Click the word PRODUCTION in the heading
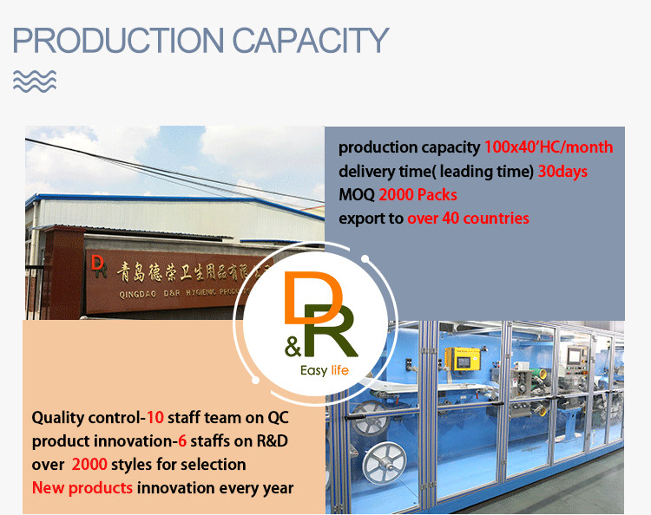coord(118,40)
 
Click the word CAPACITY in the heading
coord(311,40)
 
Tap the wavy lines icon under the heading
coord(35,81)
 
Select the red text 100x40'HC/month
coord(549,147)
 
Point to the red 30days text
coord(562,172)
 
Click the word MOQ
coord(357,195)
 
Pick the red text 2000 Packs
coord(418,195)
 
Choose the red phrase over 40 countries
coord(468,218)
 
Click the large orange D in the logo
coord(312,297)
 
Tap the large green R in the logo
coord(331,330)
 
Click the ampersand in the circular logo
coord(293,347)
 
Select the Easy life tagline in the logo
coord(325,370)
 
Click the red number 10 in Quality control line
coord(155,417)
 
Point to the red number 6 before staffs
coord(182,440)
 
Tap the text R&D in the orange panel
coord(272,440)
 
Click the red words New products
coord(82,487)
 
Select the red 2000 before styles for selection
coord(89,464)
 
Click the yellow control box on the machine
coord(462,359)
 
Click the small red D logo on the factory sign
coord(97,266)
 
